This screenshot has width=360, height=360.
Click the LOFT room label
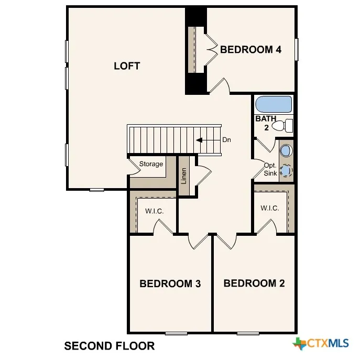(127, 66)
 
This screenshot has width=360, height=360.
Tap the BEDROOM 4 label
(250, 49)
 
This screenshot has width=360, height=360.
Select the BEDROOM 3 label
(170, 283)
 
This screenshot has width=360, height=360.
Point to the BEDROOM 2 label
(254, 283)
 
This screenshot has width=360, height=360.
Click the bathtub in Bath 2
(274, 104)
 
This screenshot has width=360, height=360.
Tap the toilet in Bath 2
(282, 126)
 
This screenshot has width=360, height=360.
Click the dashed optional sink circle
(286, 171)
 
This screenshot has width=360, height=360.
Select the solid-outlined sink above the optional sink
(286, 150)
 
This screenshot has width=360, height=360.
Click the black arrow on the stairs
(199, 140)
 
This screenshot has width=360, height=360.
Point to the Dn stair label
(226, 140)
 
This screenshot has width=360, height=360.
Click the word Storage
(151, 164)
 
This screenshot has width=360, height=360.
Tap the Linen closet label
(184, 176)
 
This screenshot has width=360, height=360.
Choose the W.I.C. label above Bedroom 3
(154, 211)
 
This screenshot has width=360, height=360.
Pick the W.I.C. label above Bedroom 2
(270, 208)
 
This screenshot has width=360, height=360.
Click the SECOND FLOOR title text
(110, 346)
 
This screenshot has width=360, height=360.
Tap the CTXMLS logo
(321, 343)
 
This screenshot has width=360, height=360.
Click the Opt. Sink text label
(270, 169)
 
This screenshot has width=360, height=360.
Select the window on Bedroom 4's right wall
(297, 50)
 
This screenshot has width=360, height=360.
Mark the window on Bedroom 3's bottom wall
(176, 333)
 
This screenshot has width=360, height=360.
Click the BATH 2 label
(266, 123)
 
